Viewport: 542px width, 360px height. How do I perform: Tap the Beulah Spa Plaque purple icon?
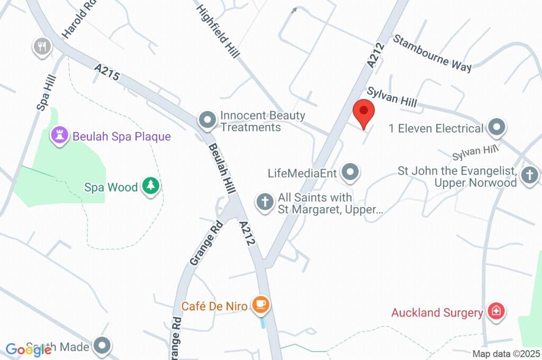click(x=59, y=136)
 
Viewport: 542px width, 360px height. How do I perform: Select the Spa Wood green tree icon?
click(x=151, y=186)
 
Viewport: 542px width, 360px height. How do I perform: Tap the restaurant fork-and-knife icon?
click(x=42, y=47)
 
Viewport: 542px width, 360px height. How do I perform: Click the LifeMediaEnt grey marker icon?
click(x=350, y=172)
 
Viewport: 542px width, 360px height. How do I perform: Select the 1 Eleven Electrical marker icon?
click(x=496, y=128)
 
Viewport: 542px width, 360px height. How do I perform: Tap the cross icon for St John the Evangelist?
click(x=529, y=175)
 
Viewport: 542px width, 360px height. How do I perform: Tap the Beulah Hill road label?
click(x=221, y=165)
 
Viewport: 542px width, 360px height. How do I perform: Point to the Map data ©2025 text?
click(x=507, y=354)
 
